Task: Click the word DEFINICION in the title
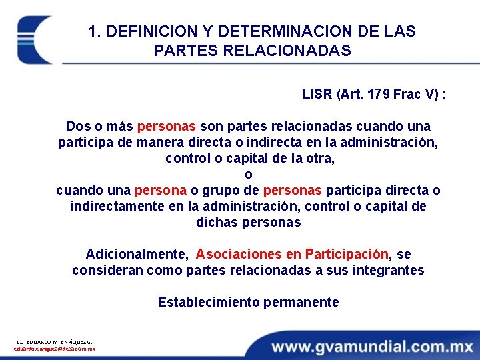click(139, 31)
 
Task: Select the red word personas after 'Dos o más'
click(166, 126)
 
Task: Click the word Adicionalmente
click(136, 254)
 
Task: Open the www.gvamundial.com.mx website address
click(371, 345)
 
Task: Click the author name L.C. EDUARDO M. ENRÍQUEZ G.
click(55, 342)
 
